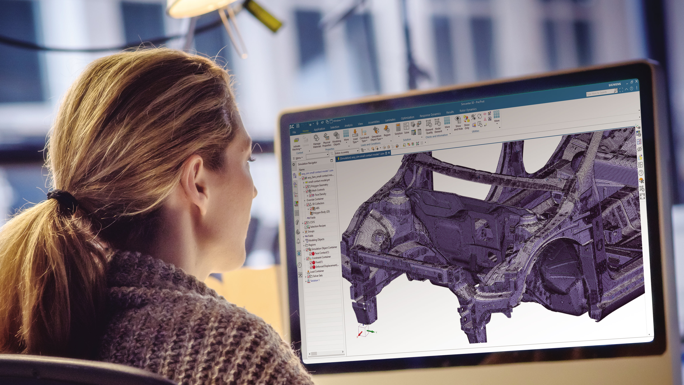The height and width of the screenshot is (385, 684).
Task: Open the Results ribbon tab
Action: pyautogui.click(x=450, y=112)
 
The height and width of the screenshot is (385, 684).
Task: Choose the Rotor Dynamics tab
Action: pyautogui.click(x=468, y=110)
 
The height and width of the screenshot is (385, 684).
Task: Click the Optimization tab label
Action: pyautogui.click(x=407, y=118)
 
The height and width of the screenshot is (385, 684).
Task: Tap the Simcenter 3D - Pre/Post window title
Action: pyautogui.click(x=472, y=102)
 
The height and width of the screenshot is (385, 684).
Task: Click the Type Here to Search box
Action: pyautogui.click(x=599, y=93)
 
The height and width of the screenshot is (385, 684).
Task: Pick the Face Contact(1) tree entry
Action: pyautogui.click(x=322, y=253)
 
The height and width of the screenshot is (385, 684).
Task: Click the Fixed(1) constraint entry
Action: pyautogui.click(x=319, y=262)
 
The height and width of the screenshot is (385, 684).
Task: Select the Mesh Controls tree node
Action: pyautogui.click(x=318, y=190)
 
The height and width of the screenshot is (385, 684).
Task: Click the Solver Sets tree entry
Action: pyautogui.click(x=318, y=276)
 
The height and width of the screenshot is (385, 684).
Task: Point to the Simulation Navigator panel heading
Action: pyautogui.click(x=307, y=163)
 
